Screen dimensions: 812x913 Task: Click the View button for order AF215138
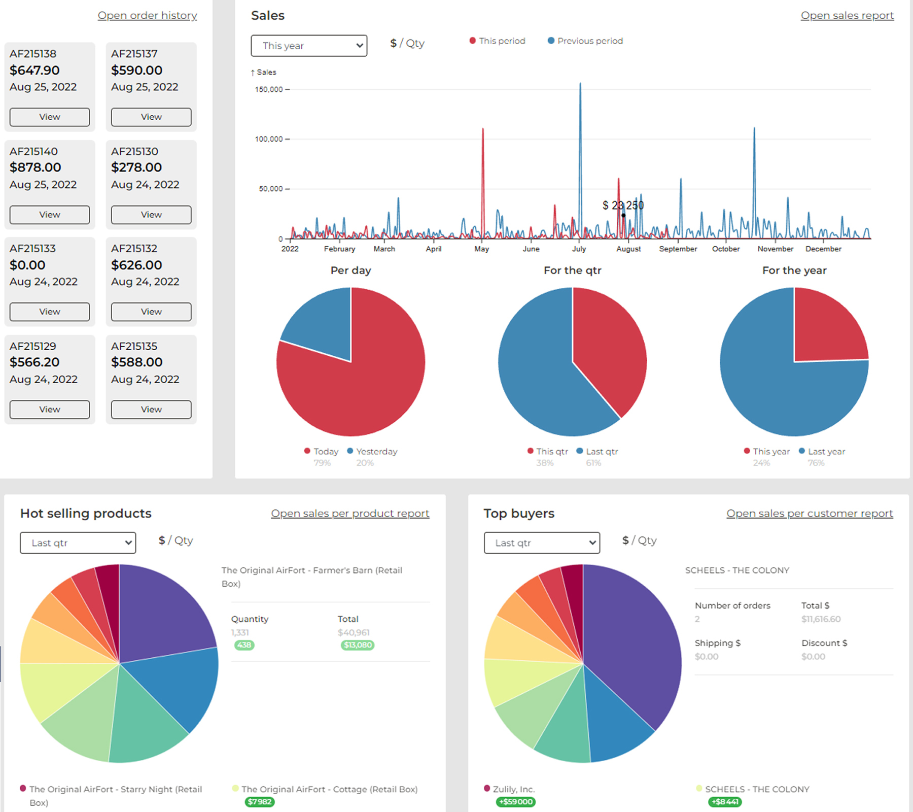click(x=50, y=117)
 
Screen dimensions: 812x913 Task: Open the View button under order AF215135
click(x=151, y=410)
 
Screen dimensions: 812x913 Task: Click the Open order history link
click(x=147, y=15)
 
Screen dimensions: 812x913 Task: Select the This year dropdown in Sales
click(x=309, y=46)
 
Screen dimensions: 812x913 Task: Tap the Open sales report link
click(x=847, y=15)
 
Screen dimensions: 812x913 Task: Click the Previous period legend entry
click(x=585, y=41)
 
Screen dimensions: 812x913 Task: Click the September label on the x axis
click(x=678, y=249)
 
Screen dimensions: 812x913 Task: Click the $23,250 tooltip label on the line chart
click(x=623, y=205)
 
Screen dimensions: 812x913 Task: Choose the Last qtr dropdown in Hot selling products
click(x=78, y=543)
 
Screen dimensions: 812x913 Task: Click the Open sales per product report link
click(x=350, y=513)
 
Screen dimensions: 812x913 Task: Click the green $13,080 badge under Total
click(x=358, y=645)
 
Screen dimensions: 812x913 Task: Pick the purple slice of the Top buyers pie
click(x=634, y=650)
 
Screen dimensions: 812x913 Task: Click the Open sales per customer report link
click(x=810, y=513)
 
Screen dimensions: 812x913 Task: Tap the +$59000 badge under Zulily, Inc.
click(x=516, y=802)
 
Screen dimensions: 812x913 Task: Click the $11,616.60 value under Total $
click(x=821, y=619)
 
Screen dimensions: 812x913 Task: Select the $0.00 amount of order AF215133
click(x=27, y=265)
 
